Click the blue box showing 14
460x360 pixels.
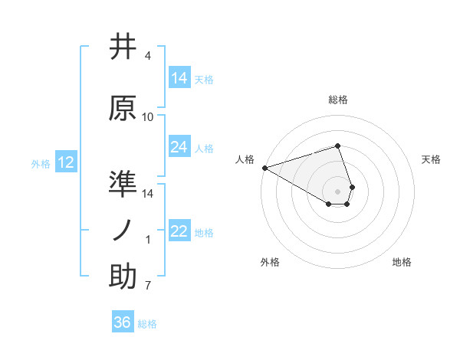pyautogui.click(x=179, y=78)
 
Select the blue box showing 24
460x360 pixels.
pyautogui.click(x=179, y=147)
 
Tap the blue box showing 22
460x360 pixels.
pyautogui.click(x=179, y=231)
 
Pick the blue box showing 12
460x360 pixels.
pyautogui.click(x=65, y=162)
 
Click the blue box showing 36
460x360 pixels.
pyautogui.click(x=123, y=322)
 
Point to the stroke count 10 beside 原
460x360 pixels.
pyautogui.click(x=148, y=117)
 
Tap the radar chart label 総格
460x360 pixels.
pyautogui.click(x=337, y=100)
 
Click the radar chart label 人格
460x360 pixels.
pyautogui.click(x=245, y=159)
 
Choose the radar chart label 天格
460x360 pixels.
pyautogui.click(x=431, y=159)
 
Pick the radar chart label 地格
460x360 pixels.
pyautogui.click(x=402, y=262)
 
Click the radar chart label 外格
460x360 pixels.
pyautogui.click(x=270, y=262)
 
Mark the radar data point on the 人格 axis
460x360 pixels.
pyautogui.click(x=264, y=167)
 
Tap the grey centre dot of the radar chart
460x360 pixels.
pyautogui.click(x=337, y=191)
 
